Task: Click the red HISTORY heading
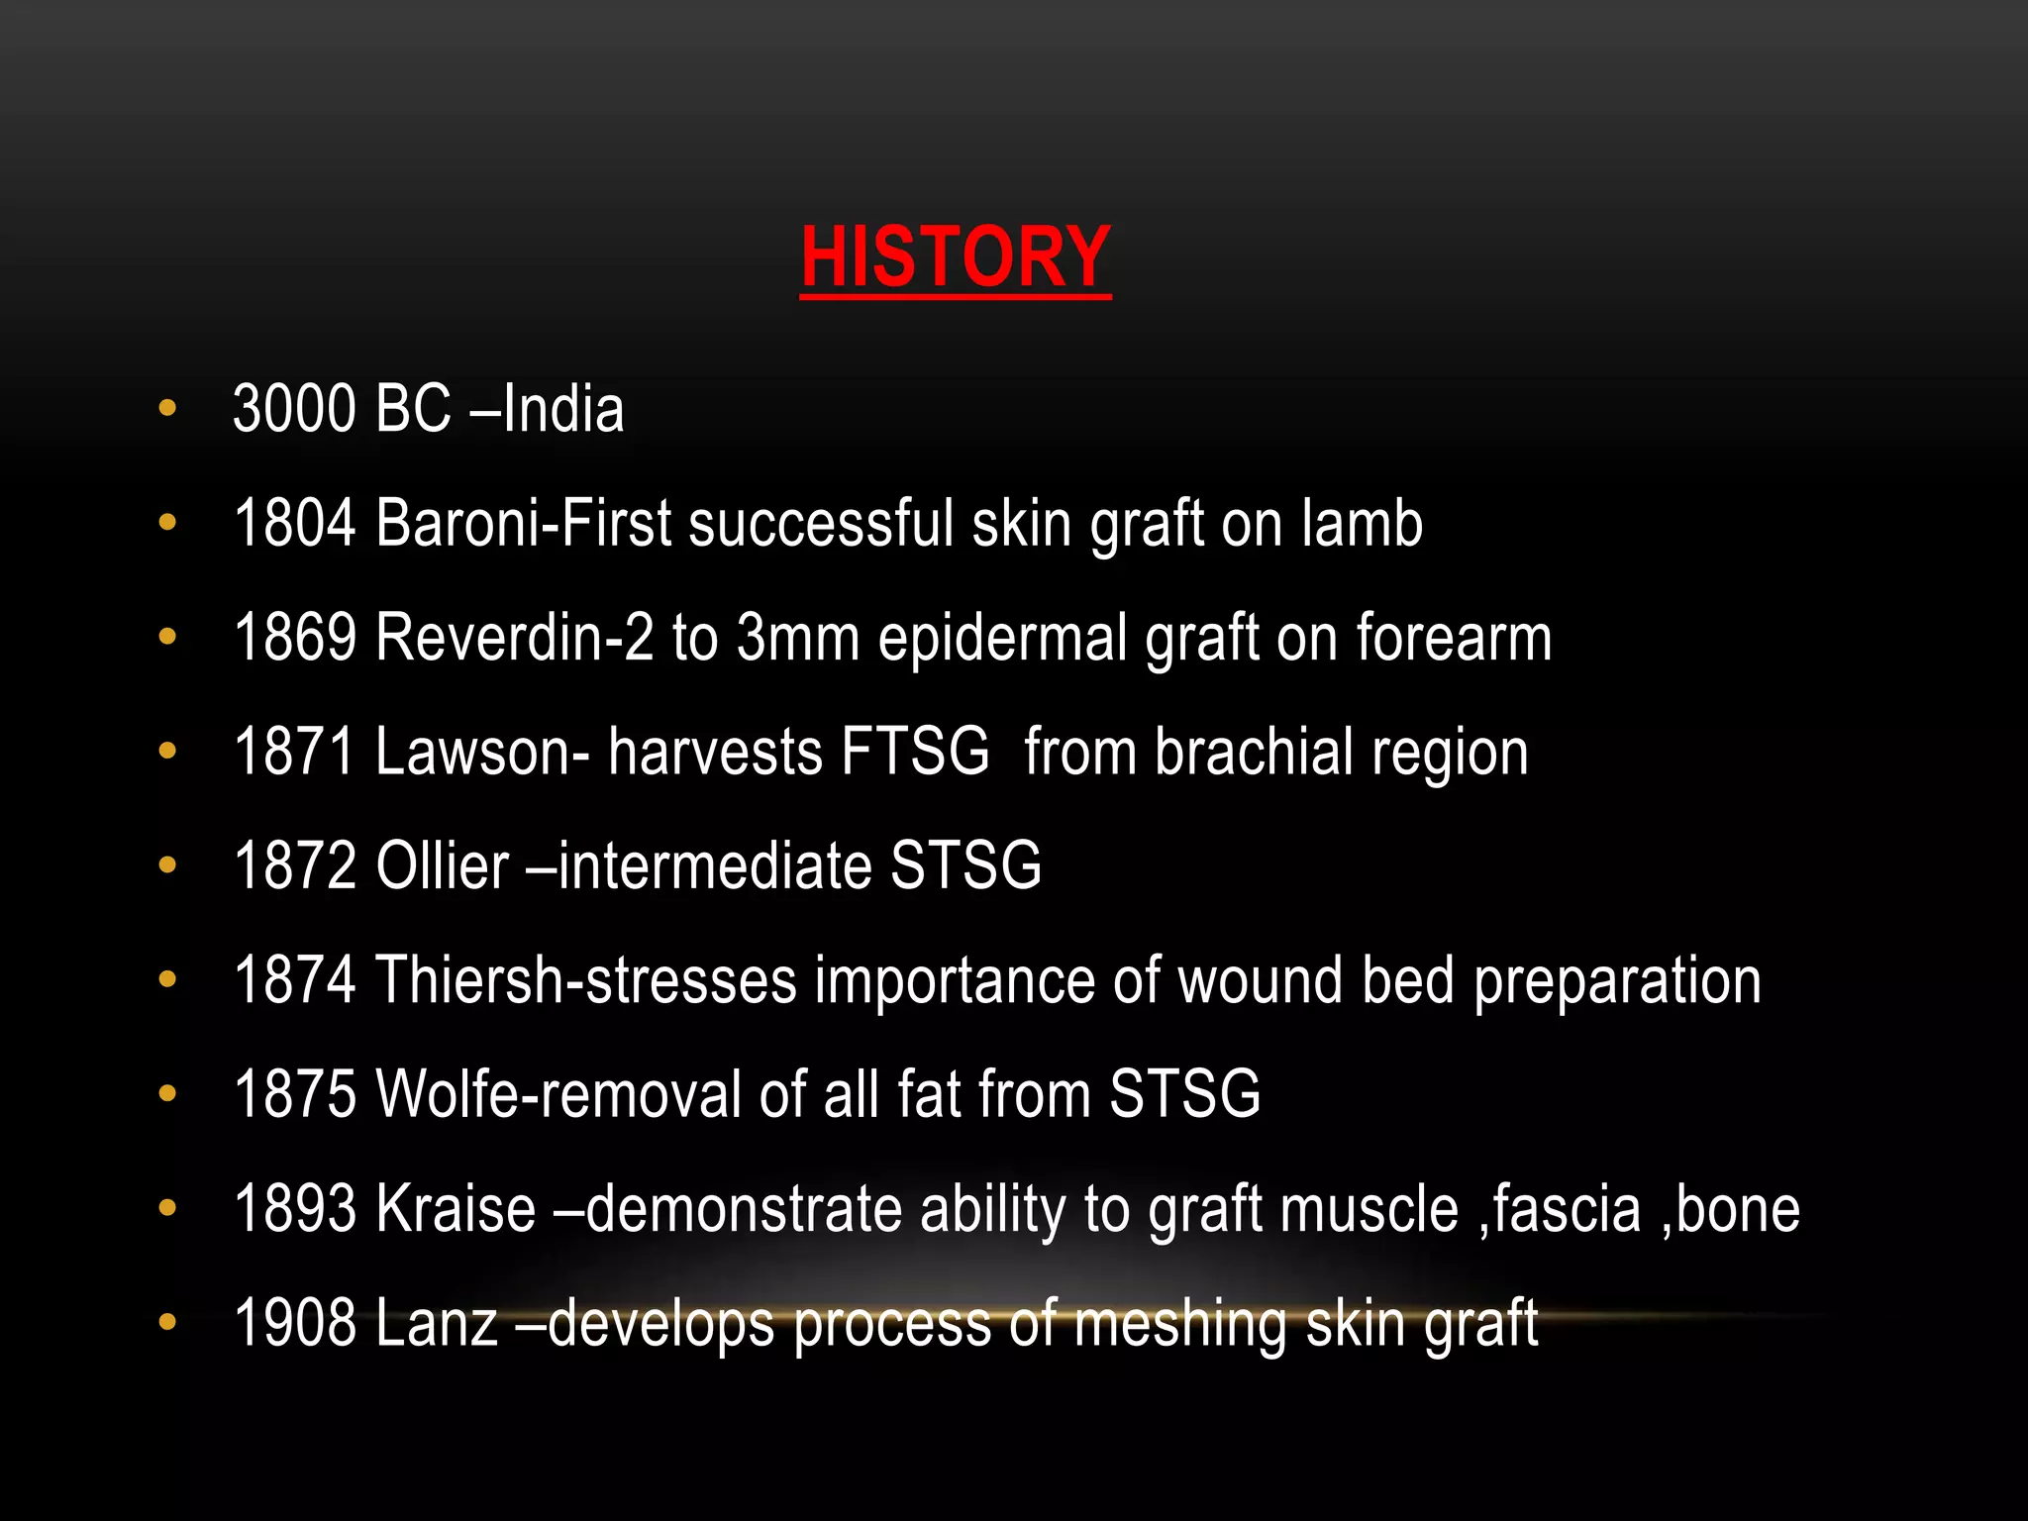[955, 257]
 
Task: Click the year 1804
[294, 523]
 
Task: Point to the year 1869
[294, 637]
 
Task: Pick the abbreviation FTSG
[915, 751]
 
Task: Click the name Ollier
[442, 865]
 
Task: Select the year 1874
[294, 980]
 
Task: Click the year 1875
[294, 1094]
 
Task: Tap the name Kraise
[456, 1209]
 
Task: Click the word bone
[1738, 1209]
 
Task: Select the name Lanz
[436, 1323]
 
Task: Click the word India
[562, 409]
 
